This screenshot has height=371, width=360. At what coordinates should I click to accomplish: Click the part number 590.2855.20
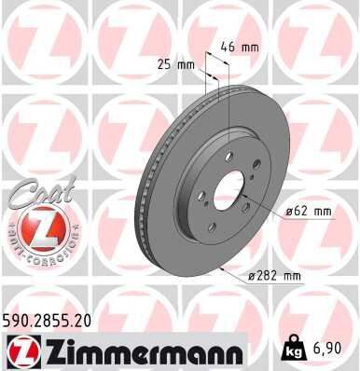[x=54, y=320]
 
